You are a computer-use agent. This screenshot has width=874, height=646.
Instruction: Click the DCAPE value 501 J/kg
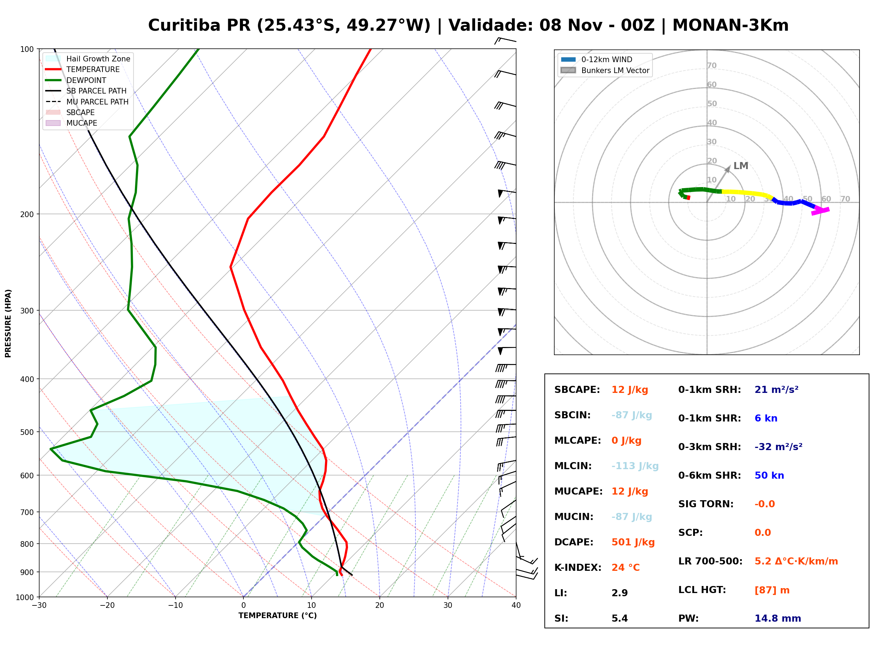(x=633, y=542)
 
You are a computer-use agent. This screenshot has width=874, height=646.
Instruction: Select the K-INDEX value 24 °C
(x=626, y=568)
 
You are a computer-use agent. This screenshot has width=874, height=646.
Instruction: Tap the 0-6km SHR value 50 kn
(x=769, y=475)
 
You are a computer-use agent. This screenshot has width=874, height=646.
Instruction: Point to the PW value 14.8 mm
(x=778, y=618)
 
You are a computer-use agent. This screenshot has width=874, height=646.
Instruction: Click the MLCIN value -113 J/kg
(x=635, y=466)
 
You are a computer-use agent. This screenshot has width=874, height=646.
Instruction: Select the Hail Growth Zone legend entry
(x=88, y=59)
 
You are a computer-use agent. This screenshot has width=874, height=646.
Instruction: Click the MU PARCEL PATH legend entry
(x=87, y=102)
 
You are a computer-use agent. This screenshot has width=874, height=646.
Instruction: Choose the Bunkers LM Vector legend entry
(x=605, y=70)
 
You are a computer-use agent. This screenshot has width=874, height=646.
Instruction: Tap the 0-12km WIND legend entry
(x=597, y=59)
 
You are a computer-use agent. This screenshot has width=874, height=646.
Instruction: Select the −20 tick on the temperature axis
(x=107, y=605)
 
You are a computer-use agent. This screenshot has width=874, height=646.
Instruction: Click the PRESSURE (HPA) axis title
(x=8, y=323)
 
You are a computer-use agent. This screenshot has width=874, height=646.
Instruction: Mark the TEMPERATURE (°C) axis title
(x=278, y=616)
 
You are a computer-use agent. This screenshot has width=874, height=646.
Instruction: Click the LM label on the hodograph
(x=740, y=166)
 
